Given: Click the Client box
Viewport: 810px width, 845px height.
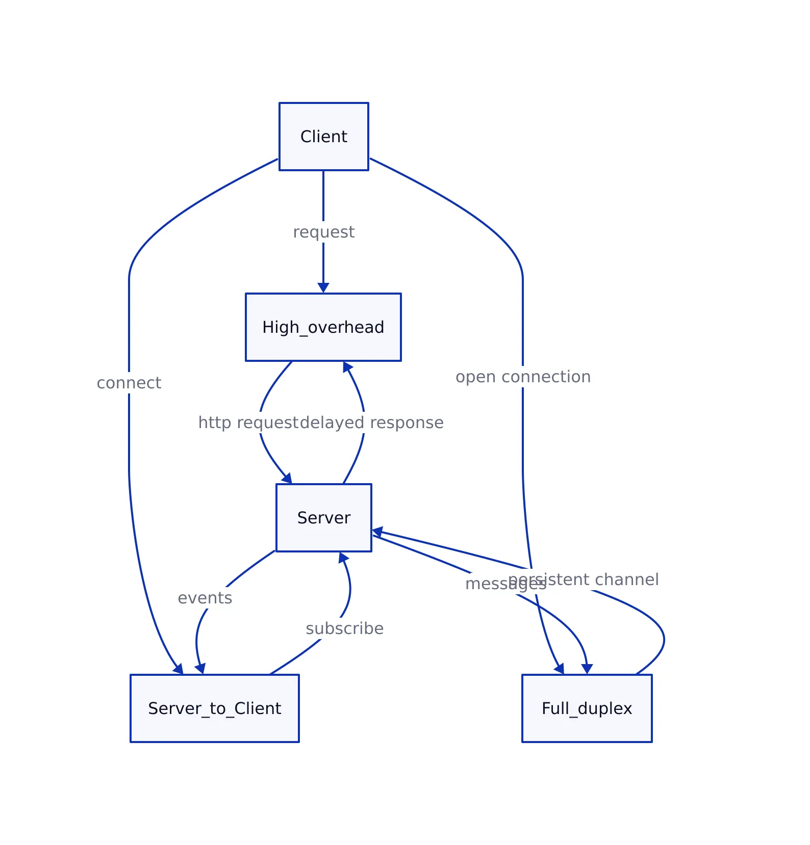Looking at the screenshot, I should [x=323, y=137].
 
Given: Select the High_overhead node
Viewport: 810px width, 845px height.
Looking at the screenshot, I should [x=323, y=327].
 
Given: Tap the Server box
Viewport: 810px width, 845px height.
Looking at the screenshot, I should [x=323, y=518].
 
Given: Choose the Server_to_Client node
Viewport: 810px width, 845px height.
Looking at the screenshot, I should [x=214, y=708].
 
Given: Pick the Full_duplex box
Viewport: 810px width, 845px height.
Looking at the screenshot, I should [x=587, y=708].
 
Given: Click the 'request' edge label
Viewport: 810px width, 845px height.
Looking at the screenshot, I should [x=323, y=232].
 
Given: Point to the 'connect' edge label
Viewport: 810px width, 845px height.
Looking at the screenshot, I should [x=129, y=383].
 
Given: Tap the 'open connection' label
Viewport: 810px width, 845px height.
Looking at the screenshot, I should [x=523, y=377].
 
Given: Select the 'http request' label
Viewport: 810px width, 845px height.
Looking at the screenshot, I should [x=248, y=422].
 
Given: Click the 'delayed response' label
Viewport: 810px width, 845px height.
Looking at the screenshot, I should [x=372, y=422].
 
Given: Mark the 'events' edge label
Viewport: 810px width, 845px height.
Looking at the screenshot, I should [x=205, y=598].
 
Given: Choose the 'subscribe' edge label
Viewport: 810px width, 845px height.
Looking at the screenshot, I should [x=344, y=628].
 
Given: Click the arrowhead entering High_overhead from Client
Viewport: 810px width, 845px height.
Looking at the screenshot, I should [x=323, y=288].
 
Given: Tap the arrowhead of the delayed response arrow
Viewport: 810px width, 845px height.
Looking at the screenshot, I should [x=347, y=366].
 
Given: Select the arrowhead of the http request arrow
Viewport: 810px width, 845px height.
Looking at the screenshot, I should [x=288, y=479].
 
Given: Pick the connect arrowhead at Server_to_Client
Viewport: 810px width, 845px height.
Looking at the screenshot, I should [x=179, y=669].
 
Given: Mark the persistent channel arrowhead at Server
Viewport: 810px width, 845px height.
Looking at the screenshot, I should [x=377, y=532].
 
